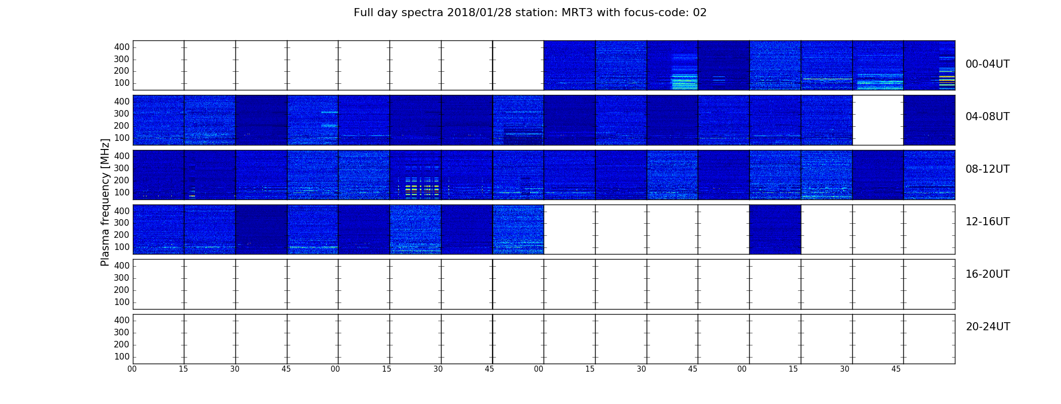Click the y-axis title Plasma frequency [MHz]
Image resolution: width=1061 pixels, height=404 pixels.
[x=105, y=202]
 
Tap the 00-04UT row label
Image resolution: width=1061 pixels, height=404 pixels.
[x=988, y=64]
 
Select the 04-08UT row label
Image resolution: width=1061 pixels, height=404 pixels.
[x=988, y=117]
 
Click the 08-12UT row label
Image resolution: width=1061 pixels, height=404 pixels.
[x=988, y=169]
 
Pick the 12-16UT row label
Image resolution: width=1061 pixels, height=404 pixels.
[x=988, y=222]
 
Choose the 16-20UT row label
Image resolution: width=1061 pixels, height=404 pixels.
[x=988, y=274]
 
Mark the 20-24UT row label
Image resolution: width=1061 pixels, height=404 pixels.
[x=988, y=327]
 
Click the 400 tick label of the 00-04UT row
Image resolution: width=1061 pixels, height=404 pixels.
[x=122, y=47]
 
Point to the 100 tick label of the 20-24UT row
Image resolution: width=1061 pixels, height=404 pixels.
[x=122, y=357]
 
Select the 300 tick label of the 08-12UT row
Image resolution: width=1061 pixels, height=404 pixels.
[x=122, y=168]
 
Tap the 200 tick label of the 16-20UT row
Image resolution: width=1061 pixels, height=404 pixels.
[x=122, y=290]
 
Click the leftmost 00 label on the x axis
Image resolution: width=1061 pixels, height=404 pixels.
[x=132, y=369]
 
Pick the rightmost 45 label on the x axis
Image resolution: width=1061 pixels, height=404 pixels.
[x=896, y=369]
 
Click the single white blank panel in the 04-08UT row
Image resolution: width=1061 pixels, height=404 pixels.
[x=878, y=120]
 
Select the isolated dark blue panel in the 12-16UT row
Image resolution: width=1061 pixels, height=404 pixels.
[x=775, y=229]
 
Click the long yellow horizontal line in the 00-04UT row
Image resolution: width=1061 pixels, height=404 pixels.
[x=828, y=79]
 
